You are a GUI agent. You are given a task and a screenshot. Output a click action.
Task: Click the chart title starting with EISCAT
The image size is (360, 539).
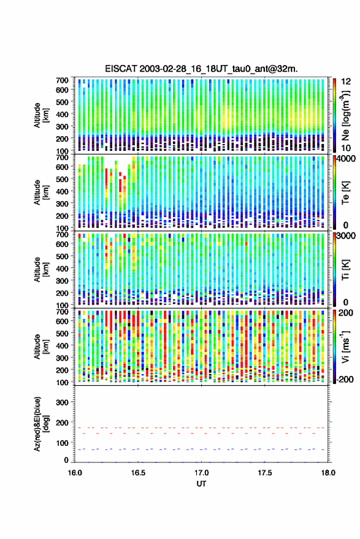point(201,69)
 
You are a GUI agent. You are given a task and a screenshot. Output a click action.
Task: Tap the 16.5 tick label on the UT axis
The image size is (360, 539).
point(138,473)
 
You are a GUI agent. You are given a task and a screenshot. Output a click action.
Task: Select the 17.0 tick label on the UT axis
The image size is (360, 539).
point(201,473)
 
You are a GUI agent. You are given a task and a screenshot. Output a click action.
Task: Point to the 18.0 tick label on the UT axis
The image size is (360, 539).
point(328,473)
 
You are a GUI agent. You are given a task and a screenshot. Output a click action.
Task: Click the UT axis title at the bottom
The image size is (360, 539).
point(202,484)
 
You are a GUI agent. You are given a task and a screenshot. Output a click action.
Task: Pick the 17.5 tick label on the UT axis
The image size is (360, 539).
point(265,473)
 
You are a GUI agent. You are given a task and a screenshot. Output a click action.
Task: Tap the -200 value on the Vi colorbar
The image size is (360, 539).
point(345,379)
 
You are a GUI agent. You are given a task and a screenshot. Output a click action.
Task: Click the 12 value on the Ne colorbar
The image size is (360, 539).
point(347,82)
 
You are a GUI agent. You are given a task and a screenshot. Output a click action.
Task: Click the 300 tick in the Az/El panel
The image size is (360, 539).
point(62,402)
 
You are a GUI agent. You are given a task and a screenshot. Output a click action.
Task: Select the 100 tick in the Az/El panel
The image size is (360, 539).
point(62,443)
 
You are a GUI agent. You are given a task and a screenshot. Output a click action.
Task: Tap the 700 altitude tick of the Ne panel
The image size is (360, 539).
point(62,80)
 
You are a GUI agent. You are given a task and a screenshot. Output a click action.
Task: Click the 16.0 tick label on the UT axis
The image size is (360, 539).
point(75,473)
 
